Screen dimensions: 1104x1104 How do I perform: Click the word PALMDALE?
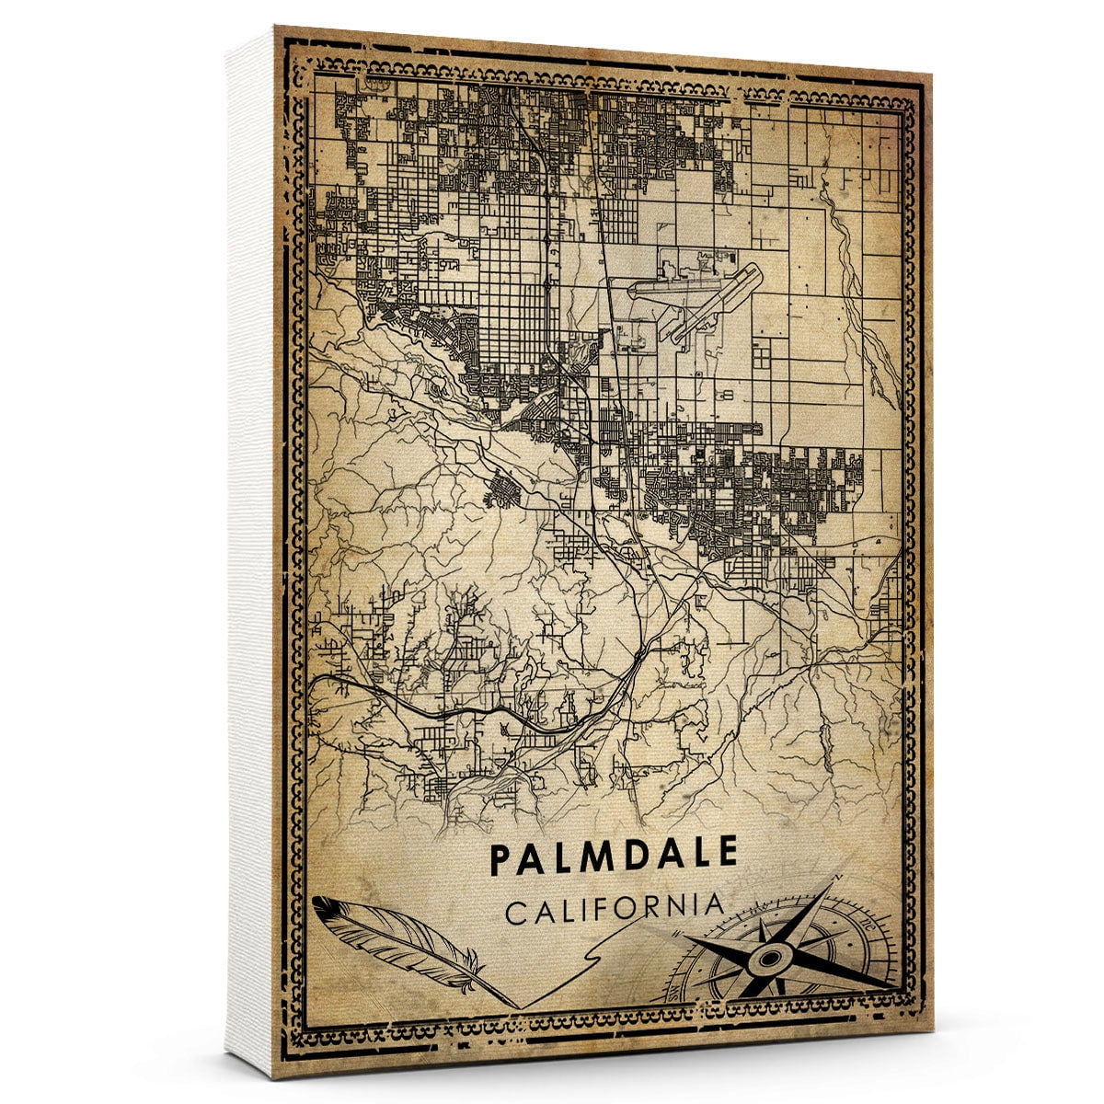coord(614,855)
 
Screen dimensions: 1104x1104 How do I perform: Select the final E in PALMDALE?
coord(728,854)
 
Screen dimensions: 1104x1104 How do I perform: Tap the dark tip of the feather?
coord(322,906)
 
